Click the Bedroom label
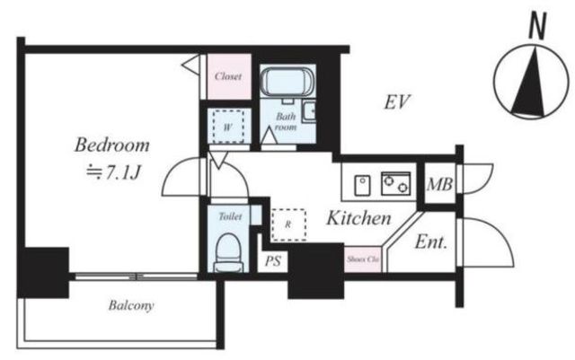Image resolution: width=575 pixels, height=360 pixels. coord(112,145)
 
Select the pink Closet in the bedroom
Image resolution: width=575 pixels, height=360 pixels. coord(229,76)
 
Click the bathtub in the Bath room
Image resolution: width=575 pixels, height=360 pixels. coord(287,82)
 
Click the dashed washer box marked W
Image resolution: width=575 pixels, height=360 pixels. coord(228,127)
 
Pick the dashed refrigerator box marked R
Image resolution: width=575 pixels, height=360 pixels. coord(288,224)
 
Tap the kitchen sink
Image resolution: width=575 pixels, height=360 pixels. coord(362,185)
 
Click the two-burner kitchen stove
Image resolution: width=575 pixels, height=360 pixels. coord(395,183)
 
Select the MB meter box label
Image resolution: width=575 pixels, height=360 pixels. coord(439,184)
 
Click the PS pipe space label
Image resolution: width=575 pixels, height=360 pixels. coord(273,261)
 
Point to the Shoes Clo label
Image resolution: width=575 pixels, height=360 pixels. coord(363,259)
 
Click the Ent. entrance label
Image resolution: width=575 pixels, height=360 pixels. coord(431,242)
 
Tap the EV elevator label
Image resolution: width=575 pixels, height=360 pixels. coord(397,102)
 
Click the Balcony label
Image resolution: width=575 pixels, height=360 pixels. coord(131,305)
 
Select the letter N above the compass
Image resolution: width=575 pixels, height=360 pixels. coord(537,25)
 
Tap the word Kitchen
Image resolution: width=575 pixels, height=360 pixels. coord(358,218)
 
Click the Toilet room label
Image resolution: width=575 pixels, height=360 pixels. coord(230,216)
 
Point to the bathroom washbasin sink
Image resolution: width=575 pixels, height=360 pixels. coord(309,110)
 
